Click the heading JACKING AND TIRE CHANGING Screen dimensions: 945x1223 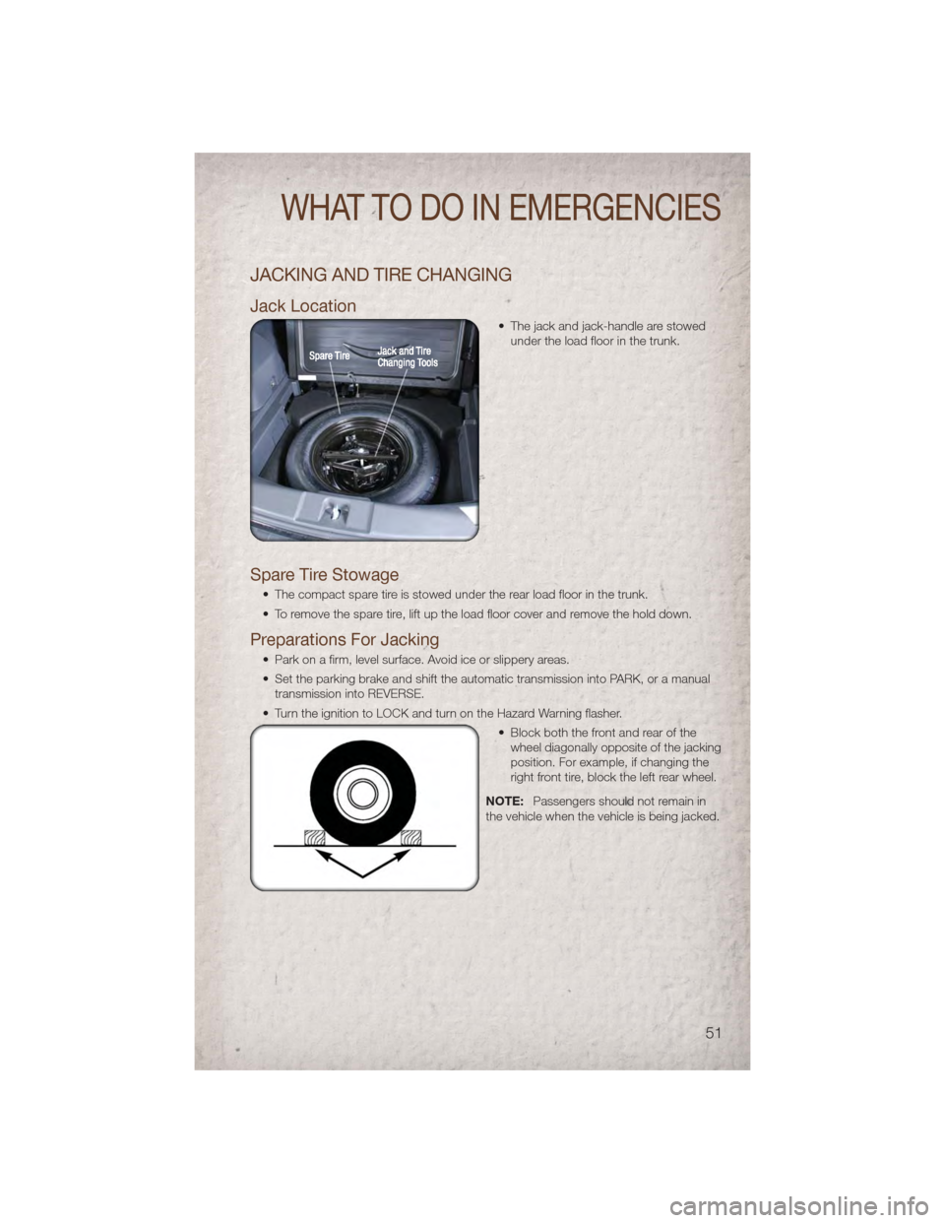[x=381, y=275]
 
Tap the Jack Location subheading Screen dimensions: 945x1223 [x=303, y=306]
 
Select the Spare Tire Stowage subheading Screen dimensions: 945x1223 [x=325, y=575]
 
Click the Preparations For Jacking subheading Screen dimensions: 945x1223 [x=345, y=640]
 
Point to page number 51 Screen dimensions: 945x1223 [x=714, y=1033]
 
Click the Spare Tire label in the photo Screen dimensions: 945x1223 [x=330, y=355]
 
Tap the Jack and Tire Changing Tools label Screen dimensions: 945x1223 [x=408, y=356]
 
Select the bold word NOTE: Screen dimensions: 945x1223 [x=505, y=801]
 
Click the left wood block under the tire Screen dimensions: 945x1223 [x=314, y=838]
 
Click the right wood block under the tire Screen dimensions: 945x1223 [x=410, y=838]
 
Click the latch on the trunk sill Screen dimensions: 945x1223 [x=336, y=513]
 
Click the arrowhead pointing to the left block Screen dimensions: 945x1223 [x=320, y=855]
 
